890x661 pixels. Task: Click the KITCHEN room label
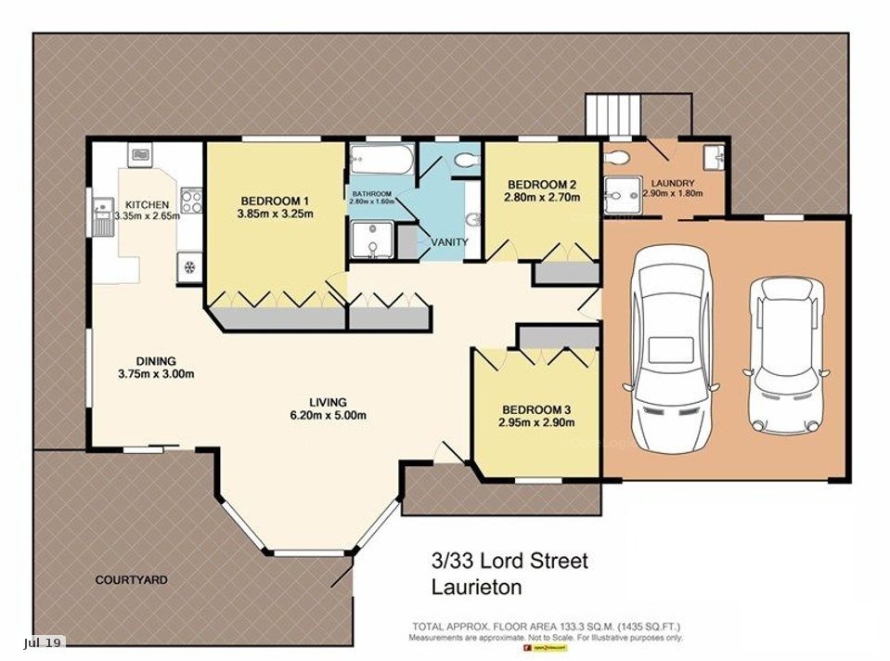coord(147,204)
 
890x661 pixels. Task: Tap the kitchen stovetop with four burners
coord(191,201)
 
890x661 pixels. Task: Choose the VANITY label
coord(450,242)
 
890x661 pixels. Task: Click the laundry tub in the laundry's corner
coord(713,157)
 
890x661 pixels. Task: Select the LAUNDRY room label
coord(672,182)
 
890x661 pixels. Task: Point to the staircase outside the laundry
coord(613,115)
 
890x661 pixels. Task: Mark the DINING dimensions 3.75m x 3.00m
coord(156,374)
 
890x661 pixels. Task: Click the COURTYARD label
coord(132,579)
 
